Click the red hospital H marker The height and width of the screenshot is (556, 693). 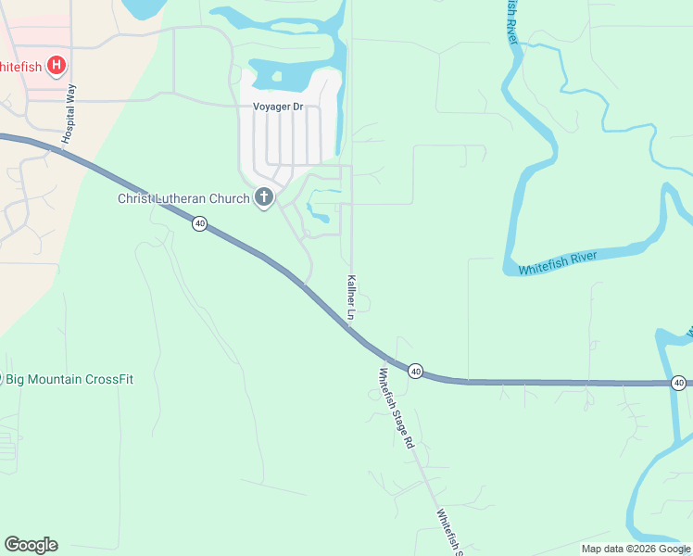(57, 66)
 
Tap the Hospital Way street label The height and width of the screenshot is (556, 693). (69, 114)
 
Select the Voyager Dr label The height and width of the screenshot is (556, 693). (278, 107)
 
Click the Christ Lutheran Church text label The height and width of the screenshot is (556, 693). (183, 198)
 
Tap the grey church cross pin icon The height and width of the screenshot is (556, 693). (264, 197)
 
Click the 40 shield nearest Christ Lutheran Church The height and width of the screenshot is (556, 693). (199, 223)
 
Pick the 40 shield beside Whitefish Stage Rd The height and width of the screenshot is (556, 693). (415, 371)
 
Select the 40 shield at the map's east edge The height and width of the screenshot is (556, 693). (679, 383)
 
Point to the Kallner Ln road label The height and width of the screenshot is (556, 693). (351, 297)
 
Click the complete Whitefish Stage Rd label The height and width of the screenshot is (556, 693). (395, 408)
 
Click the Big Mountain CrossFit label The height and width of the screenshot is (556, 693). (69, 379)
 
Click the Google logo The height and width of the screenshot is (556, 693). (31, 545)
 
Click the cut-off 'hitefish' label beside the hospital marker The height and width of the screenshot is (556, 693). (19, 66)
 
